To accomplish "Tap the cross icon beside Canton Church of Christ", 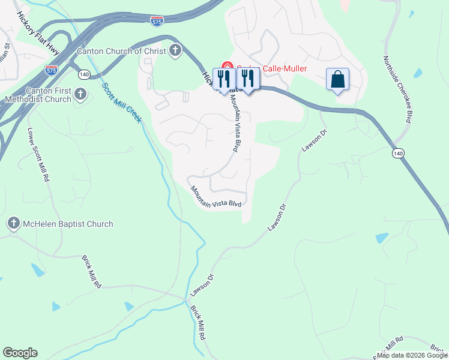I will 175,50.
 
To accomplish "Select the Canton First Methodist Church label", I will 38,95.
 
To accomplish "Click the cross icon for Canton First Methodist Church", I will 81,95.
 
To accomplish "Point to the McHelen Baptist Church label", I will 67,224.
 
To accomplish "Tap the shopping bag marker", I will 337,79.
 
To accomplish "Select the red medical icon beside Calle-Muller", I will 227,67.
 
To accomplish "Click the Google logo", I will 20,353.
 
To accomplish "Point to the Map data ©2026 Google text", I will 412,355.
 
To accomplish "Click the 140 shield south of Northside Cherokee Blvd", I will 397,154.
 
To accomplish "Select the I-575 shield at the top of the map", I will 156,20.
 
